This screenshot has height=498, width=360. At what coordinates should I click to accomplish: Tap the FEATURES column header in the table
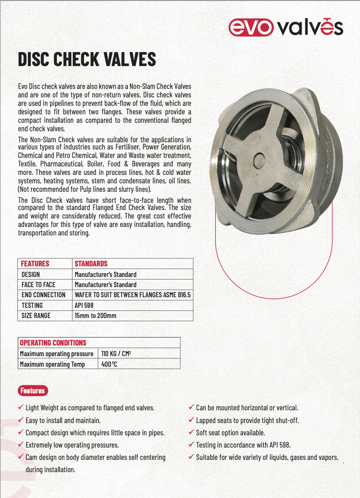(x=35, y=263)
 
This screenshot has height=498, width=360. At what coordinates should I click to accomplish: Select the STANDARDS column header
(x=91, y=263)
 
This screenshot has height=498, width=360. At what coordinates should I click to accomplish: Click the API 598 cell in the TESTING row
(x=84, y=305)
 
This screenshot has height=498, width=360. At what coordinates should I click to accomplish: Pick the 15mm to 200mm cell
(x=95, y=315)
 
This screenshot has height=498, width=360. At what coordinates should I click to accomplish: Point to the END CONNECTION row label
(x=44, y=295)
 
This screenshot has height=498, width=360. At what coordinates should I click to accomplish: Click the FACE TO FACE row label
(x=39, y=285)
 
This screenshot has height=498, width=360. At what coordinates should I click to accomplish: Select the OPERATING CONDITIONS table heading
(x=53, y=343)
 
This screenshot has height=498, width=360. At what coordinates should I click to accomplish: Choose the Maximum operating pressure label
(x=56, y=354)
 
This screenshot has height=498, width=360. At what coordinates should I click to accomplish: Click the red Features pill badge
(x=33, y=390)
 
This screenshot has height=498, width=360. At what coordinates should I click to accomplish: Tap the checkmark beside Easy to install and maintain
(x=21, y=420)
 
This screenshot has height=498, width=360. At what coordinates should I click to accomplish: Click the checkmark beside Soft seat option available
(x=191, y=432)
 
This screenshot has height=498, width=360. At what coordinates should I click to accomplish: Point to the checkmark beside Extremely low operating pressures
(x=21, y=445)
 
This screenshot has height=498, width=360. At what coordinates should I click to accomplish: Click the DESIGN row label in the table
(x=30, y=274)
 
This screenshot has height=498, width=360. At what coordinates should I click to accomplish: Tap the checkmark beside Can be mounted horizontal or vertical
(x=191, y=407)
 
